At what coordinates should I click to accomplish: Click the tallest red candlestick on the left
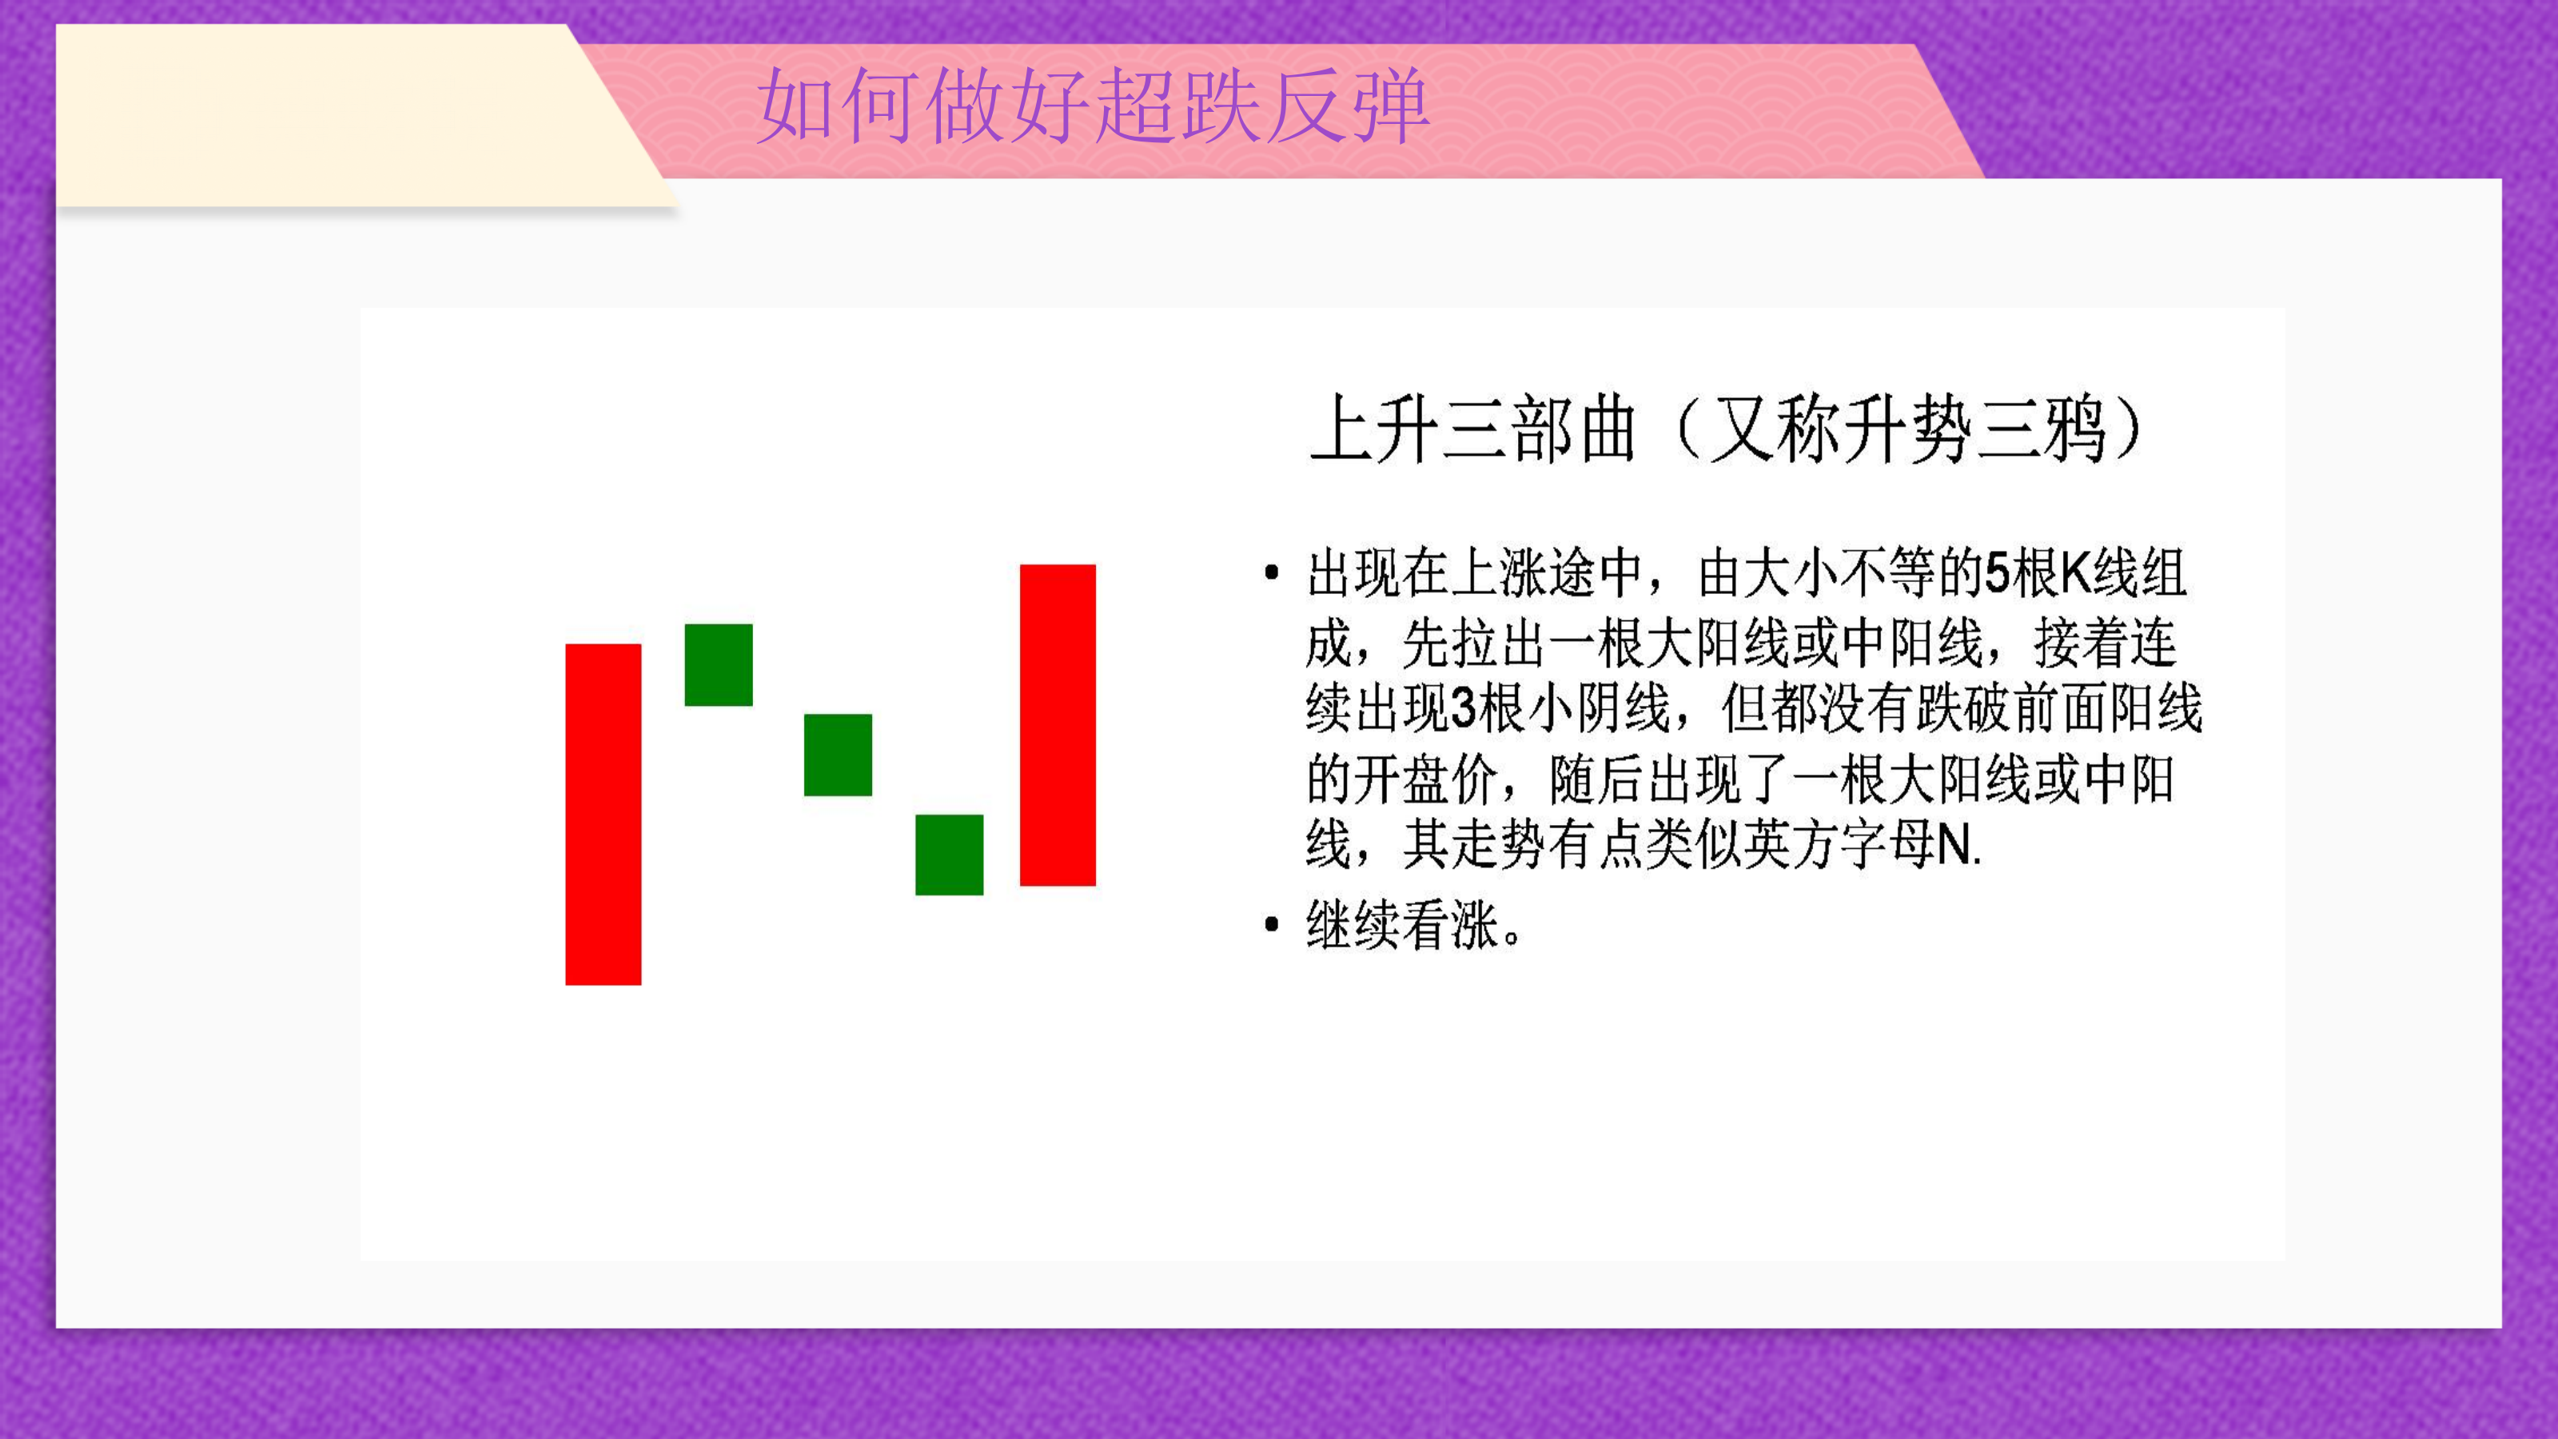point(603,815)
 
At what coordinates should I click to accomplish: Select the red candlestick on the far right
point(1058,725)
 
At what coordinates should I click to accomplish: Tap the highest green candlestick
point(719,664)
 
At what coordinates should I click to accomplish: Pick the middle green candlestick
point(838,755)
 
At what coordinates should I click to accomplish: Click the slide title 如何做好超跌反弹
point(1092,106)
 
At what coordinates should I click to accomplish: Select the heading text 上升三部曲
point(1472,429)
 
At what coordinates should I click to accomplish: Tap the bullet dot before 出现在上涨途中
point(1272,572)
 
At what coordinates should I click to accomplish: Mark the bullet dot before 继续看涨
point(1272,925)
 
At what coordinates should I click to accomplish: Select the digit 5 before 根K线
point(1997,573)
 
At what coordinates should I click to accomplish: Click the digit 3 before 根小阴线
point(1464,709)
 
